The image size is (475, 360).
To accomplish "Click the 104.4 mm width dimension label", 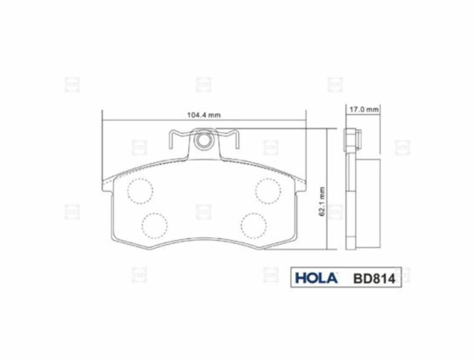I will tap(204, 115).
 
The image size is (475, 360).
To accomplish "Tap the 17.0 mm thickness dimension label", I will tap(364, 109).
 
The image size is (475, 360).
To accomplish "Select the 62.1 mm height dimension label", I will tap(322, 202).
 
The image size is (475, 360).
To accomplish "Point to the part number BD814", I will tap(374, 279).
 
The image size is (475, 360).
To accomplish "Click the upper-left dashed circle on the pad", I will tap(140, 191).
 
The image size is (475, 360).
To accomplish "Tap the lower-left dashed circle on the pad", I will tap(155, 226).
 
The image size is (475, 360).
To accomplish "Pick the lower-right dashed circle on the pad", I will tap(254, 226).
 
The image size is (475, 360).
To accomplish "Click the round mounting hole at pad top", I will tap(203, 140).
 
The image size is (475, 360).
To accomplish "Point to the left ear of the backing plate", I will tap(108, 186).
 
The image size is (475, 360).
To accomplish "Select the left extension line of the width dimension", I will tap(102, 144).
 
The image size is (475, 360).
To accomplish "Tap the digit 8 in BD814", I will tap(375, 279).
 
